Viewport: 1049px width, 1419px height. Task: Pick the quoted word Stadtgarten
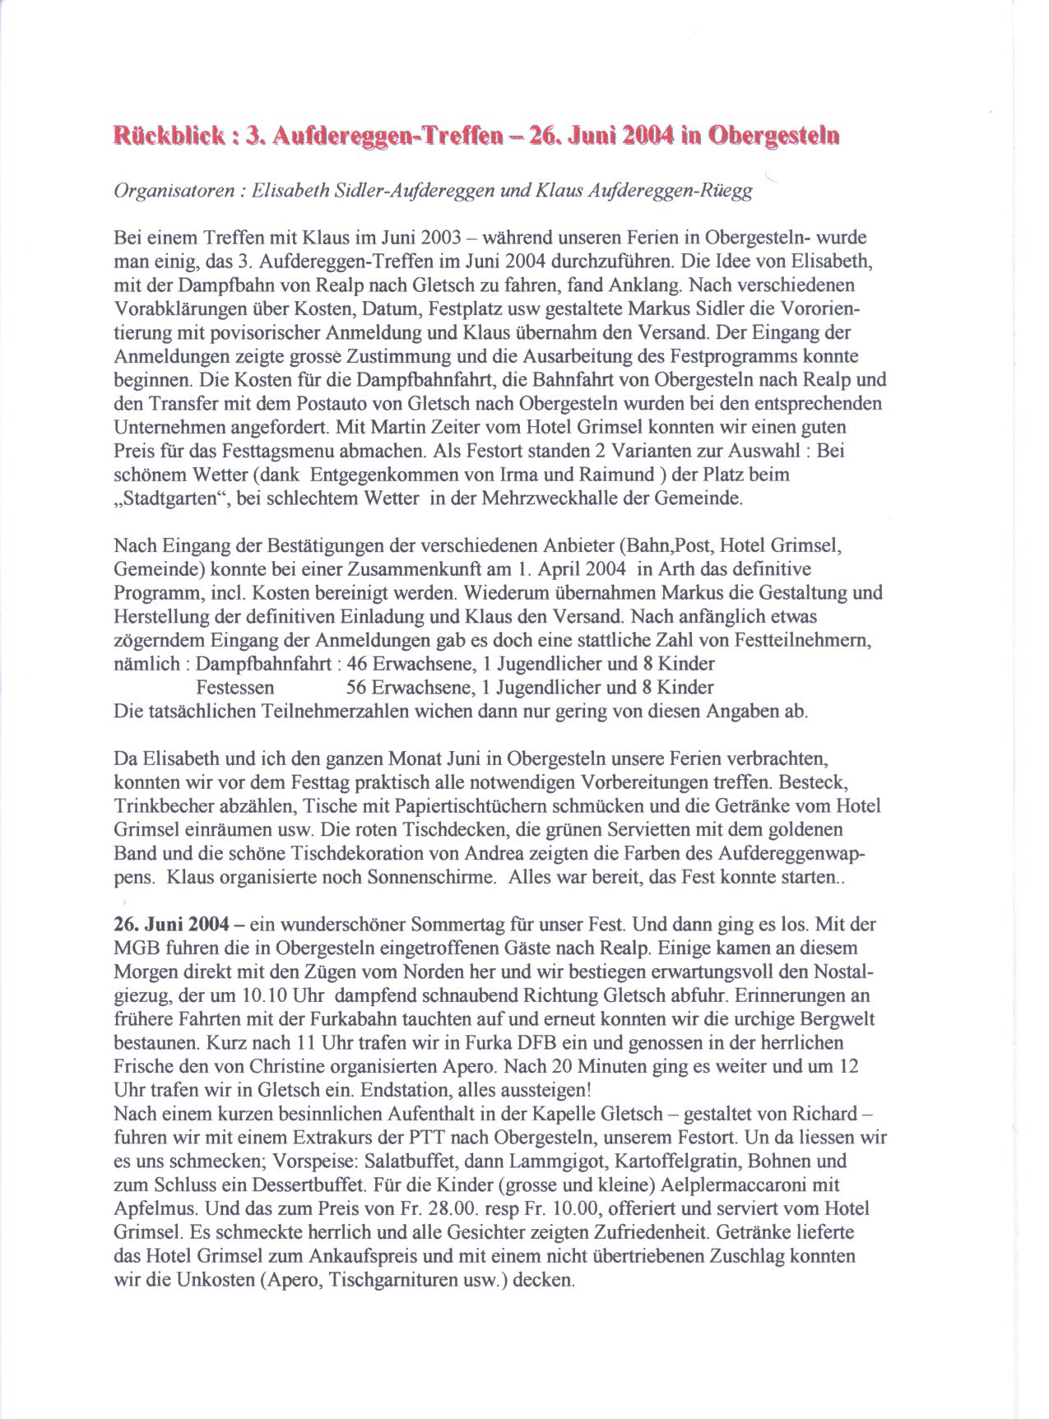tap(169, 499)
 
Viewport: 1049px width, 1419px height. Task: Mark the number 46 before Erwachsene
tap(358, 663)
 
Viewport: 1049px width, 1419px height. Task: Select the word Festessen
tap(234, 687)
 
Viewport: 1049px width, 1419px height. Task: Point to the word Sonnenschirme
tap(432, 877)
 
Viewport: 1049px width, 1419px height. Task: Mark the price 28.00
tap(493, 1209)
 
